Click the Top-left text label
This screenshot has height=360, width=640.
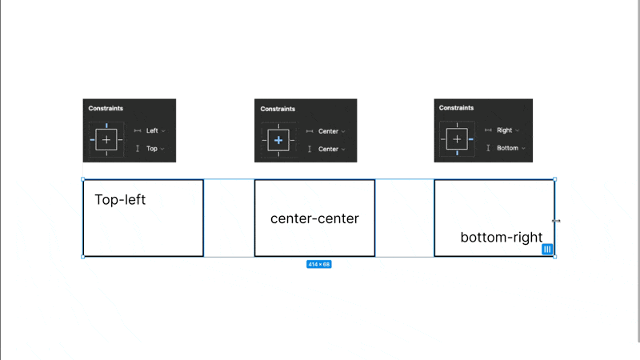[x=120, y=199]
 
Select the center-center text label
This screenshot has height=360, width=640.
[x=314, y=218]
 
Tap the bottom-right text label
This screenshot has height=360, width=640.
[x=502, y=237]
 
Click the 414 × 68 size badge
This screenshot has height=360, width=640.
[x=318, y=265]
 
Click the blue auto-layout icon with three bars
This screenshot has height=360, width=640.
[x=547, y=249]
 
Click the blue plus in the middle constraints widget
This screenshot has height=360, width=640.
[x=278, y=141]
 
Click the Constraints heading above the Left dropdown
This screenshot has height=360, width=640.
[x=106, y=108]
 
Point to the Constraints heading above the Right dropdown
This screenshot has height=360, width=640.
[x=456, y=108]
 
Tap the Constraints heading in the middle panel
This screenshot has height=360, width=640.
[x=278, y=109]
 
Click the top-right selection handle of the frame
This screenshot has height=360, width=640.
[x=554, y=179]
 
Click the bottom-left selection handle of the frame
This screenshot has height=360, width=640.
[x=83, y=257]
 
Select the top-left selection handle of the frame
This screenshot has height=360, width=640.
[x=83, y=179]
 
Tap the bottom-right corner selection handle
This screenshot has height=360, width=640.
[x=554, y=257]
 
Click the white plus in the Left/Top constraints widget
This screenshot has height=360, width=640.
[x=106, y=140]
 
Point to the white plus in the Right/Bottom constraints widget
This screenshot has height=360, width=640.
[x=457, y=139]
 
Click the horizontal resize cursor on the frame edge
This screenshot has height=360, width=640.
[x=556, y=221]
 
